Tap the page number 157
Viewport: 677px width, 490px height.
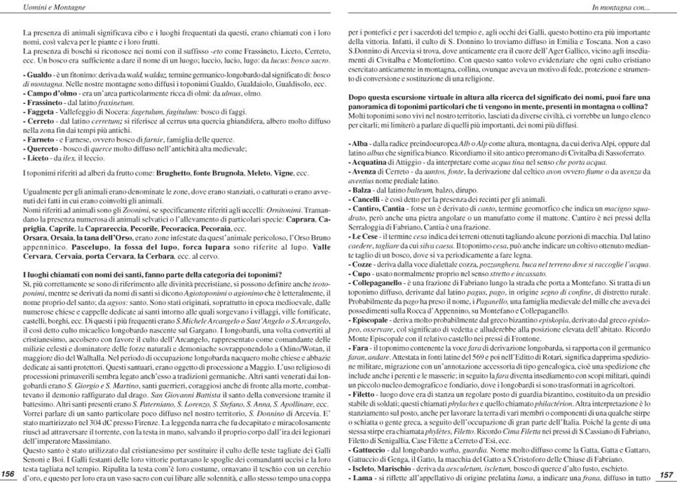click(666, 475)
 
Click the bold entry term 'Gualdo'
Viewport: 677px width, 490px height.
click(39, 74)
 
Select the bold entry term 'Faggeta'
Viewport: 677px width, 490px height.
click(41, 111)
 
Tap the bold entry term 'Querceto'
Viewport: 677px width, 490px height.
click(43, 149)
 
